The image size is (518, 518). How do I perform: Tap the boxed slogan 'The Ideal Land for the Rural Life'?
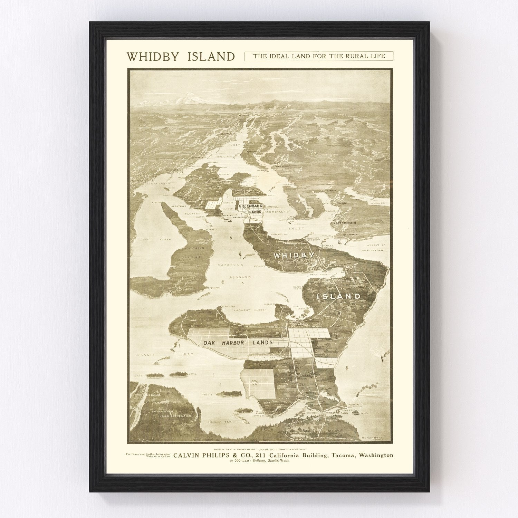319,56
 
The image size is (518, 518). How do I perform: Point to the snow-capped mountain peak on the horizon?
187,99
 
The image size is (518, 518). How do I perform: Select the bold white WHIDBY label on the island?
294,256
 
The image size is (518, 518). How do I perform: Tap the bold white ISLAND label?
339,296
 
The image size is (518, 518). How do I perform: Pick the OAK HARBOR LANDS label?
238,343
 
